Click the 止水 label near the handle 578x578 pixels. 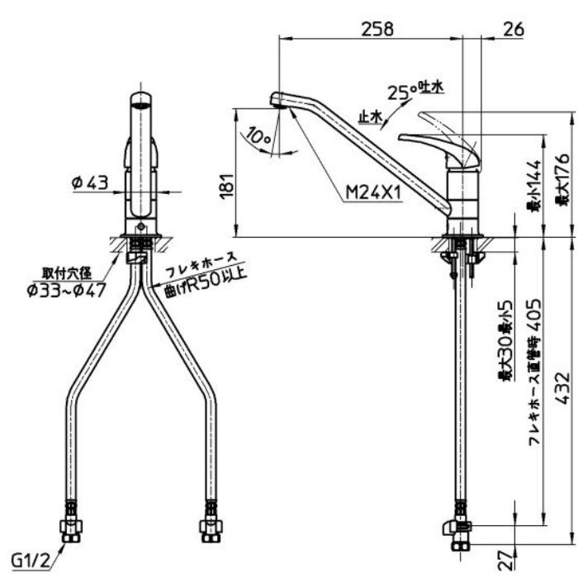pos(369,117)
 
